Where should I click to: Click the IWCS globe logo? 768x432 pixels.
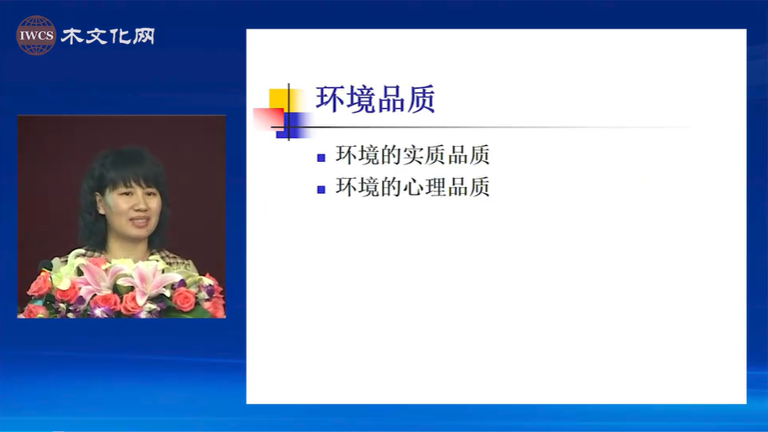click(36, 35)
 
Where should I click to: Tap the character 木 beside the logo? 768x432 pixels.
click(72, 36)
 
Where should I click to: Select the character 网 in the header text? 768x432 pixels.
click(143, 36)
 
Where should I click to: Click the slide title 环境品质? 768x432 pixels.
click(375, 99)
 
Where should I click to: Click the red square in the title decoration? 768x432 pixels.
click(269, 119)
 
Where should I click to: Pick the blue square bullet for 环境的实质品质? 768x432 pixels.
click(321, 158)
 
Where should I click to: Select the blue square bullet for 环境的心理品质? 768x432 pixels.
click(321, 190)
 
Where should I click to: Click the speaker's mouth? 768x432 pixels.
click(140, 221)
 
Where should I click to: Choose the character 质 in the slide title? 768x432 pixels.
click(421, 99)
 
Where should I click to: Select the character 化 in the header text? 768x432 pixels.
click(119, 36)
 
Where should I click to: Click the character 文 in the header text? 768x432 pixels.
click(96, 36)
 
